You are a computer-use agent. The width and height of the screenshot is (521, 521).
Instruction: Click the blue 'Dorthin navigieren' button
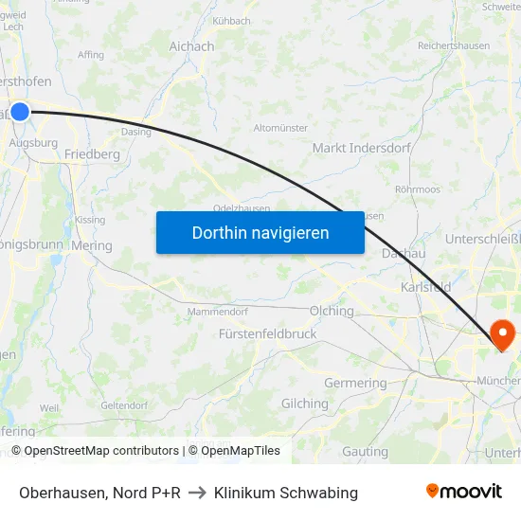(x=260, y=232)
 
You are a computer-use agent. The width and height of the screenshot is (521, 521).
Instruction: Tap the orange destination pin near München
(x=501, y=334)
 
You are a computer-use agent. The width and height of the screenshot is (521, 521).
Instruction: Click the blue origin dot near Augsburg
(x=20, y=112)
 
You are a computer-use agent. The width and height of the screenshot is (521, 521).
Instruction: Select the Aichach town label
(x=191, y=46)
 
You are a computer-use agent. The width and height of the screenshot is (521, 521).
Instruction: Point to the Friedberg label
(x=92, y=153)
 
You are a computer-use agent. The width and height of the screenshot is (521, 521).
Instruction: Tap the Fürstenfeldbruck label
(x=267, y=334)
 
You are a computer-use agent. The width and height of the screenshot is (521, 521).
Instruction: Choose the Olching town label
(x=332, y=311)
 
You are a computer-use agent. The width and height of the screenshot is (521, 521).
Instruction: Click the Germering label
(x=355, y=384)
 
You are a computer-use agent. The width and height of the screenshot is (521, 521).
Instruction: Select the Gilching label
(x=304, y=404)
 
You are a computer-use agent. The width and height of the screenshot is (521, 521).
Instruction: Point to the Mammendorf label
(x=218, y=312)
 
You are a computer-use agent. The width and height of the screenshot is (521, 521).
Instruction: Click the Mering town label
(x=92, y=245)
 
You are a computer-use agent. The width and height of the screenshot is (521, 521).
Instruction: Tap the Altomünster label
(x=281, y=128)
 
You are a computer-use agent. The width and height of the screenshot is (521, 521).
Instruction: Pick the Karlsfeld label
(x=425, y=286)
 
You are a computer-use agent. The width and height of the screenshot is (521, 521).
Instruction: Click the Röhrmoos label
(x=418, y=189)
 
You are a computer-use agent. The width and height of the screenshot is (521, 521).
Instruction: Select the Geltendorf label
(x=124, y=405)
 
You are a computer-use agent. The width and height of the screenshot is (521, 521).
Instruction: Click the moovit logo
(x=463, y=491)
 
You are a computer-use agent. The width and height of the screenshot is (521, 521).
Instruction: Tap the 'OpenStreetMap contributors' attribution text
(x=100, y=451)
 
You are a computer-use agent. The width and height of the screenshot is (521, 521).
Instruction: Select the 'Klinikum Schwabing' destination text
(x=286, y=493)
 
